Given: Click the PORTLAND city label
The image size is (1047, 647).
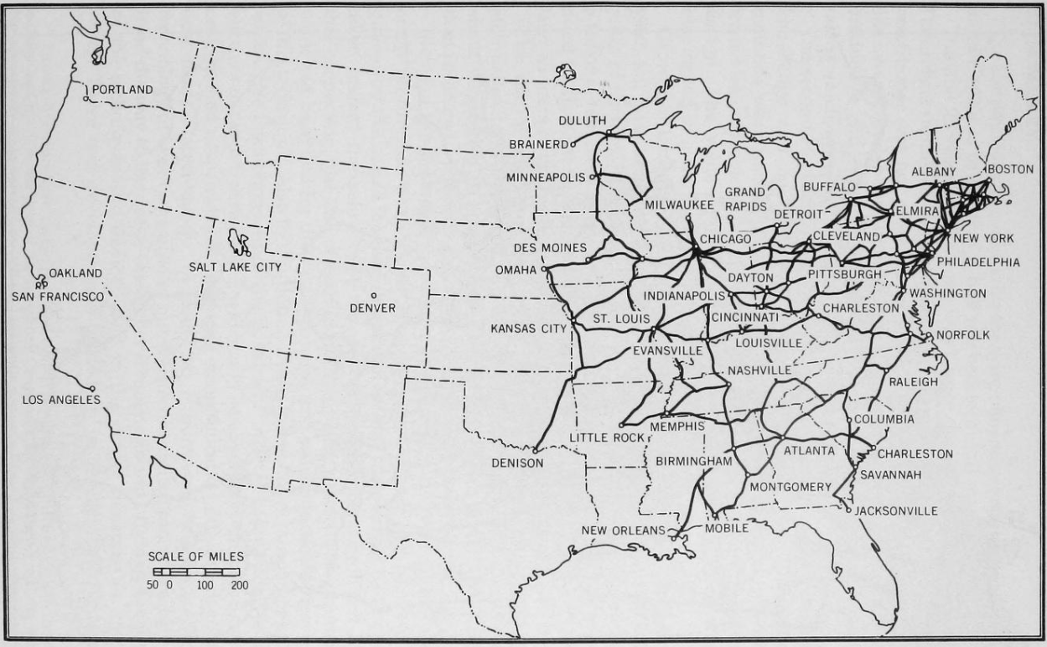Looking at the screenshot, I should click(x=122, y=89).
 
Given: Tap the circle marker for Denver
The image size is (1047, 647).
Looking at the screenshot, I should click(x=374, y=295).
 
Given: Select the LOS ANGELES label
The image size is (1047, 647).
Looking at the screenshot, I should click(x=61, y=400).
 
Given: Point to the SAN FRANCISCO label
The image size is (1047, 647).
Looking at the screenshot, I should click(x=58, y=297).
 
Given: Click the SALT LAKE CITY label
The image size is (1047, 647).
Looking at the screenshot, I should click(x=235, y=267).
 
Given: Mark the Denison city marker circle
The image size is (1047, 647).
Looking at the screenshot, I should click(x=535, y=450).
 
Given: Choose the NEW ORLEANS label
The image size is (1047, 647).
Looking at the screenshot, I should click(x=623, y=531).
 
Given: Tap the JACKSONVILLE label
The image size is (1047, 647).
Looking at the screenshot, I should click(x=896, y=510).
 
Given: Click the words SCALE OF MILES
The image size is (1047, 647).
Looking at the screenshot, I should click(x=196, y=556).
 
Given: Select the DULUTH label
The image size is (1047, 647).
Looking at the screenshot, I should click(x=582, y=121).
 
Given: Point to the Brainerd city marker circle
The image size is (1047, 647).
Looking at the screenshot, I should click(x=573, y=144).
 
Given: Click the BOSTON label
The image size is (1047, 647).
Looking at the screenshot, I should click(x=1010, y=169).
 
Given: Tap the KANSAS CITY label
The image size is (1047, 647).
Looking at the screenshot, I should click(x=529, y=329).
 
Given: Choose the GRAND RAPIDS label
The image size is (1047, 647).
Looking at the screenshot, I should click(x=745, y=199).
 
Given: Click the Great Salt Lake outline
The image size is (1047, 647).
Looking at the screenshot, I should click(x=241, y=243).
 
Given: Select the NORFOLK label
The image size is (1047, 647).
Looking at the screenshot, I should click(x=963, y=335).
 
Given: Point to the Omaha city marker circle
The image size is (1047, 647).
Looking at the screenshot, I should click(x=544, y=269).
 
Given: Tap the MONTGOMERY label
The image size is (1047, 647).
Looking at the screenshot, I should click(x=790, y=487).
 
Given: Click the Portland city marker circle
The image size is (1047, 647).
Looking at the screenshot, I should click(x=86, y=99).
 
